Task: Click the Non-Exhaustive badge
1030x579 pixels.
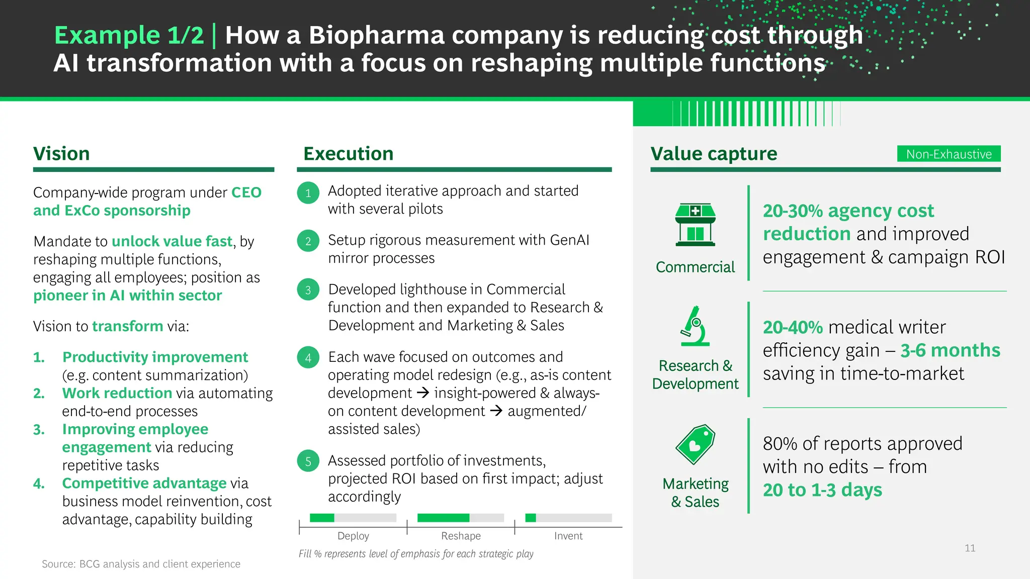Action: point(949,154)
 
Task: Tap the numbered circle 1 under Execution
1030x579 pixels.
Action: point(308,193)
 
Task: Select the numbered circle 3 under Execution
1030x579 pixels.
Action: point(308,290)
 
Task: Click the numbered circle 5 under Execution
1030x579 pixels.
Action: point(308,461)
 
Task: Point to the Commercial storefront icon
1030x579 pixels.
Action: point(695,225)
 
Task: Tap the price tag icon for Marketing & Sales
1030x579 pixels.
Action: point(695,444)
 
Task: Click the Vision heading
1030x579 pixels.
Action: point(61,154)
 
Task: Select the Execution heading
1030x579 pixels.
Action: point(348,154)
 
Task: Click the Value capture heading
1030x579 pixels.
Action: point(714,154)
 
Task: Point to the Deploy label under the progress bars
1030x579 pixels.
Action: point(353,536)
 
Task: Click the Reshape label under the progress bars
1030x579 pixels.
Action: point(461,536)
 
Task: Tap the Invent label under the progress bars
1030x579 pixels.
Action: point(568,536)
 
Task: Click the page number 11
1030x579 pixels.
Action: point(970,548)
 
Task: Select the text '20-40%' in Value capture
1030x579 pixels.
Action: point(793,328)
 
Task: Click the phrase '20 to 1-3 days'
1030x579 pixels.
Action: point(822,490)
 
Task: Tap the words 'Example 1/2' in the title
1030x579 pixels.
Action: point(129,35)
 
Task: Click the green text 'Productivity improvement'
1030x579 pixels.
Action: point(155,357)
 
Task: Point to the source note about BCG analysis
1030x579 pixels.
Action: point(141,564)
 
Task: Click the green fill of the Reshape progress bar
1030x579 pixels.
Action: point(443,518)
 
